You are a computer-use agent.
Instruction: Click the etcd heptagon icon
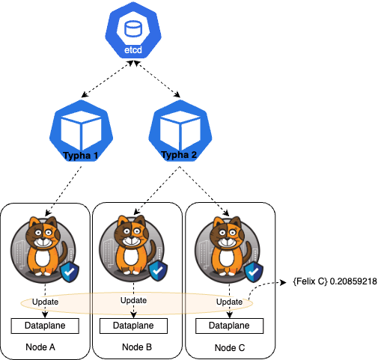point(134,31)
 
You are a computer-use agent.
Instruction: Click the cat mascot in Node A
point(43,246)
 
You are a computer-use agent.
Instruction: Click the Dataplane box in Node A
point(46,326)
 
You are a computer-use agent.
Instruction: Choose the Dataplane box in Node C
point(230,326)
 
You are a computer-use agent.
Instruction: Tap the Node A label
point(46,347)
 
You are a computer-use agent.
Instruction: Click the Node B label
point(138,347)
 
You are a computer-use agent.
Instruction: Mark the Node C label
point(230,348)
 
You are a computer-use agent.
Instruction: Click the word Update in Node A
point(46,302)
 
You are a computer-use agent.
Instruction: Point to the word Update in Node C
point(230,302)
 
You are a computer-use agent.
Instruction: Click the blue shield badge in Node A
point(69,271)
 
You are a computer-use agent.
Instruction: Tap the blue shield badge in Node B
point(158,271)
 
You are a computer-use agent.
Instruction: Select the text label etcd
point(134,50)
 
